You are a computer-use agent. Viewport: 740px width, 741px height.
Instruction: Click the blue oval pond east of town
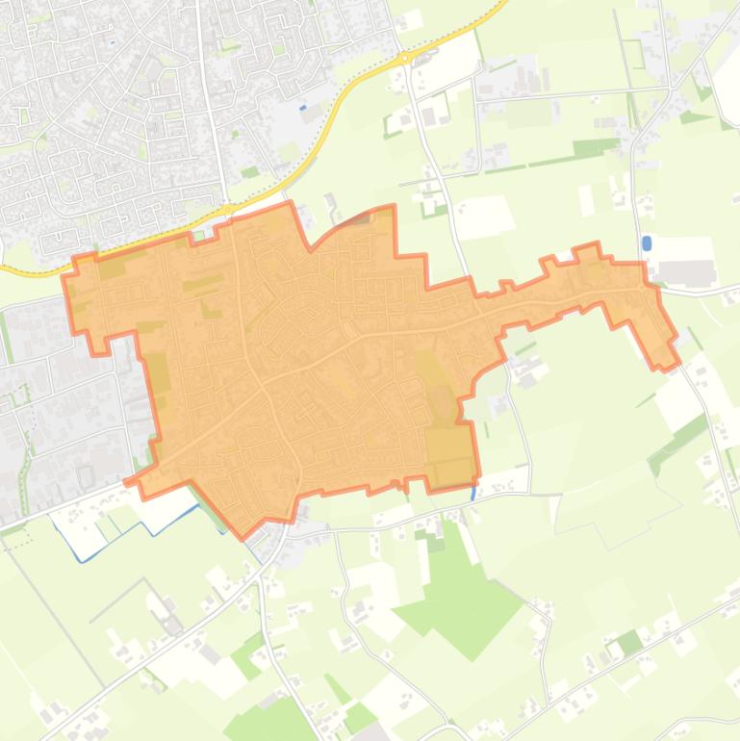646,243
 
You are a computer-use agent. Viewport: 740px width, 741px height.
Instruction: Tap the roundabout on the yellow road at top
405,58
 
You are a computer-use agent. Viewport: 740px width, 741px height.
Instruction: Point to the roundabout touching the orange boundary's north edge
227,208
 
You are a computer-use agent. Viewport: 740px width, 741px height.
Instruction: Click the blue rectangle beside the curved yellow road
304,108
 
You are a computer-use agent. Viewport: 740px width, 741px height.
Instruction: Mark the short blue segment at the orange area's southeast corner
473,491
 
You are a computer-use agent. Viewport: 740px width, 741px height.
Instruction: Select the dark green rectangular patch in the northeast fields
596,148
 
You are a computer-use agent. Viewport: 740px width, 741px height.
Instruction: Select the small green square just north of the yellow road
250,172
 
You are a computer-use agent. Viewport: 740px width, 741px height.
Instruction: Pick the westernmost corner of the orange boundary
64,276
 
